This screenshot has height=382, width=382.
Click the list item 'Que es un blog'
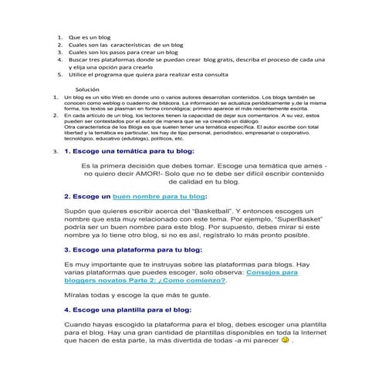coord(89,36)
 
